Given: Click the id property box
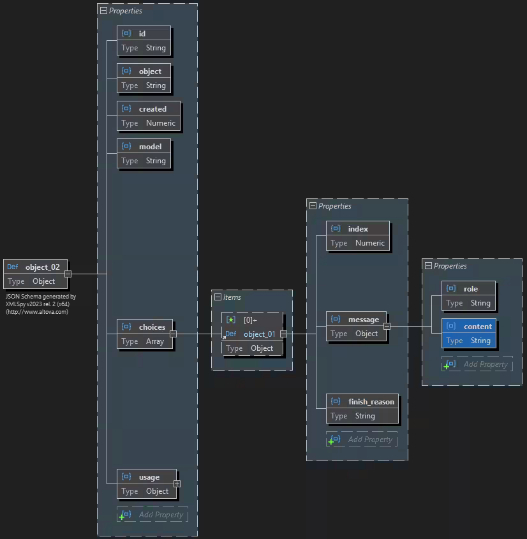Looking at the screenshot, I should tap(144, 40).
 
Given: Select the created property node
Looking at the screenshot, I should tap(149, 115).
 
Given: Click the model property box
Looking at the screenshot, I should tap(144, 153).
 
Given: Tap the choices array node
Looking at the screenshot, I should tap(145, 334).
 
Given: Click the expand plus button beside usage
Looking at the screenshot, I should tap(177, 484).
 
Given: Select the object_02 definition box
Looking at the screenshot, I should tap(36, 274).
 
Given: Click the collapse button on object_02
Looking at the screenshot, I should tap(68, 274).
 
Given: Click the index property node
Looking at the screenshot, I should tap(358, 235).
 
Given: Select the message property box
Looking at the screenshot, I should tap(357, 326).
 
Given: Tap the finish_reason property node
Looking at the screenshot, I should tap(363, 408).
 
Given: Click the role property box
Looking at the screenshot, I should tap(468, 295).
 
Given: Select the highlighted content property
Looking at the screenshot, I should tap(468, 333).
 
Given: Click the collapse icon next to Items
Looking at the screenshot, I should tap(218, 297).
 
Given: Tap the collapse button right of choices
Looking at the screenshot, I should tap(173, 334).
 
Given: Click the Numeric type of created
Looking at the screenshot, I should tap(160, 123).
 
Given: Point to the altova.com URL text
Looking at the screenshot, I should tap(37, 312).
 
